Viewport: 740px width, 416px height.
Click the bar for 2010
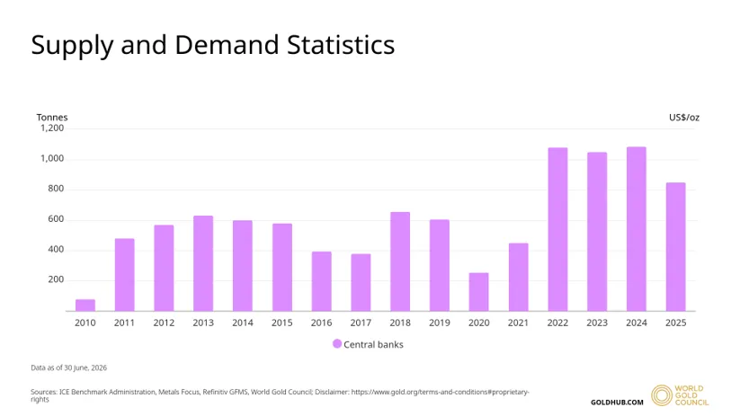(85, 305)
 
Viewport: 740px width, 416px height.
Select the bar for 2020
(478, 292)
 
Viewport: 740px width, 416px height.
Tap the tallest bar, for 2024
(637, 229)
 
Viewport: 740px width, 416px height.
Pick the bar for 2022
(557, 230)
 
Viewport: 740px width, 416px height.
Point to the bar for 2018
(400, 261)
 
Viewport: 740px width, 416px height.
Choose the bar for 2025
(676, 247)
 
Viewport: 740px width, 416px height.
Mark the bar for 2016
(321, 281)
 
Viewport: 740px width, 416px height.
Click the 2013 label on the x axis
(203, 323)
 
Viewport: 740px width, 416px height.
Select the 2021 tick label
(518, 323)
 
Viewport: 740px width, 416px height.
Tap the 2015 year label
(282, 323)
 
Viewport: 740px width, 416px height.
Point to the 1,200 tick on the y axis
(52, 128)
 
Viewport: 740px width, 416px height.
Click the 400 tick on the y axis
(56, 250)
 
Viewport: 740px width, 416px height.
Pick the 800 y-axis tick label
(56, 189)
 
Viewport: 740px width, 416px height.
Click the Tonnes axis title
(52, 118)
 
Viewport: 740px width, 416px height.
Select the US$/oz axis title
(684, 118)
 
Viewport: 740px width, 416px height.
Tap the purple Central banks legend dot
(337, 344)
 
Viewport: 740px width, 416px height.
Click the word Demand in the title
(227, 45)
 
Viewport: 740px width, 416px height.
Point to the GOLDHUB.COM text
(617, 403)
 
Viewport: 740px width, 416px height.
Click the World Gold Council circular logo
(662, 395)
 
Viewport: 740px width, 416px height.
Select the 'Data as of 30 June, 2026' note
(69, 367)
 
